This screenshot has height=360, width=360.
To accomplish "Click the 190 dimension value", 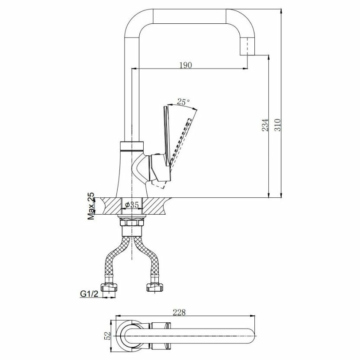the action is (186, 65).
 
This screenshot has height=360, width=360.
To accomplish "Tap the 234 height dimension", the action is (265, 125).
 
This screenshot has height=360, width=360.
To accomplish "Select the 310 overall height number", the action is (278, 125).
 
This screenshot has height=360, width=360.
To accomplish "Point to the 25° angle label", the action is (183, 102).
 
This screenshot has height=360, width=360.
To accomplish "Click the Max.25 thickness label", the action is (91, 206).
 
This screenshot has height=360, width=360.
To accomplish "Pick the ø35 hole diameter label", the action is (132, 204).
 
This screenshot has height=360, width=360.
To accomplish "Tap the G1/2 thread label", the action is (89, 294).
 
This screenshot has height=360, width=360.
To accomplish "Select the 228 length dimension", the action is (179, 312).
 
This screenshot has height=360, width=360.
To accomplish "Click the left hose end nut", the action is (109, 287).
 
